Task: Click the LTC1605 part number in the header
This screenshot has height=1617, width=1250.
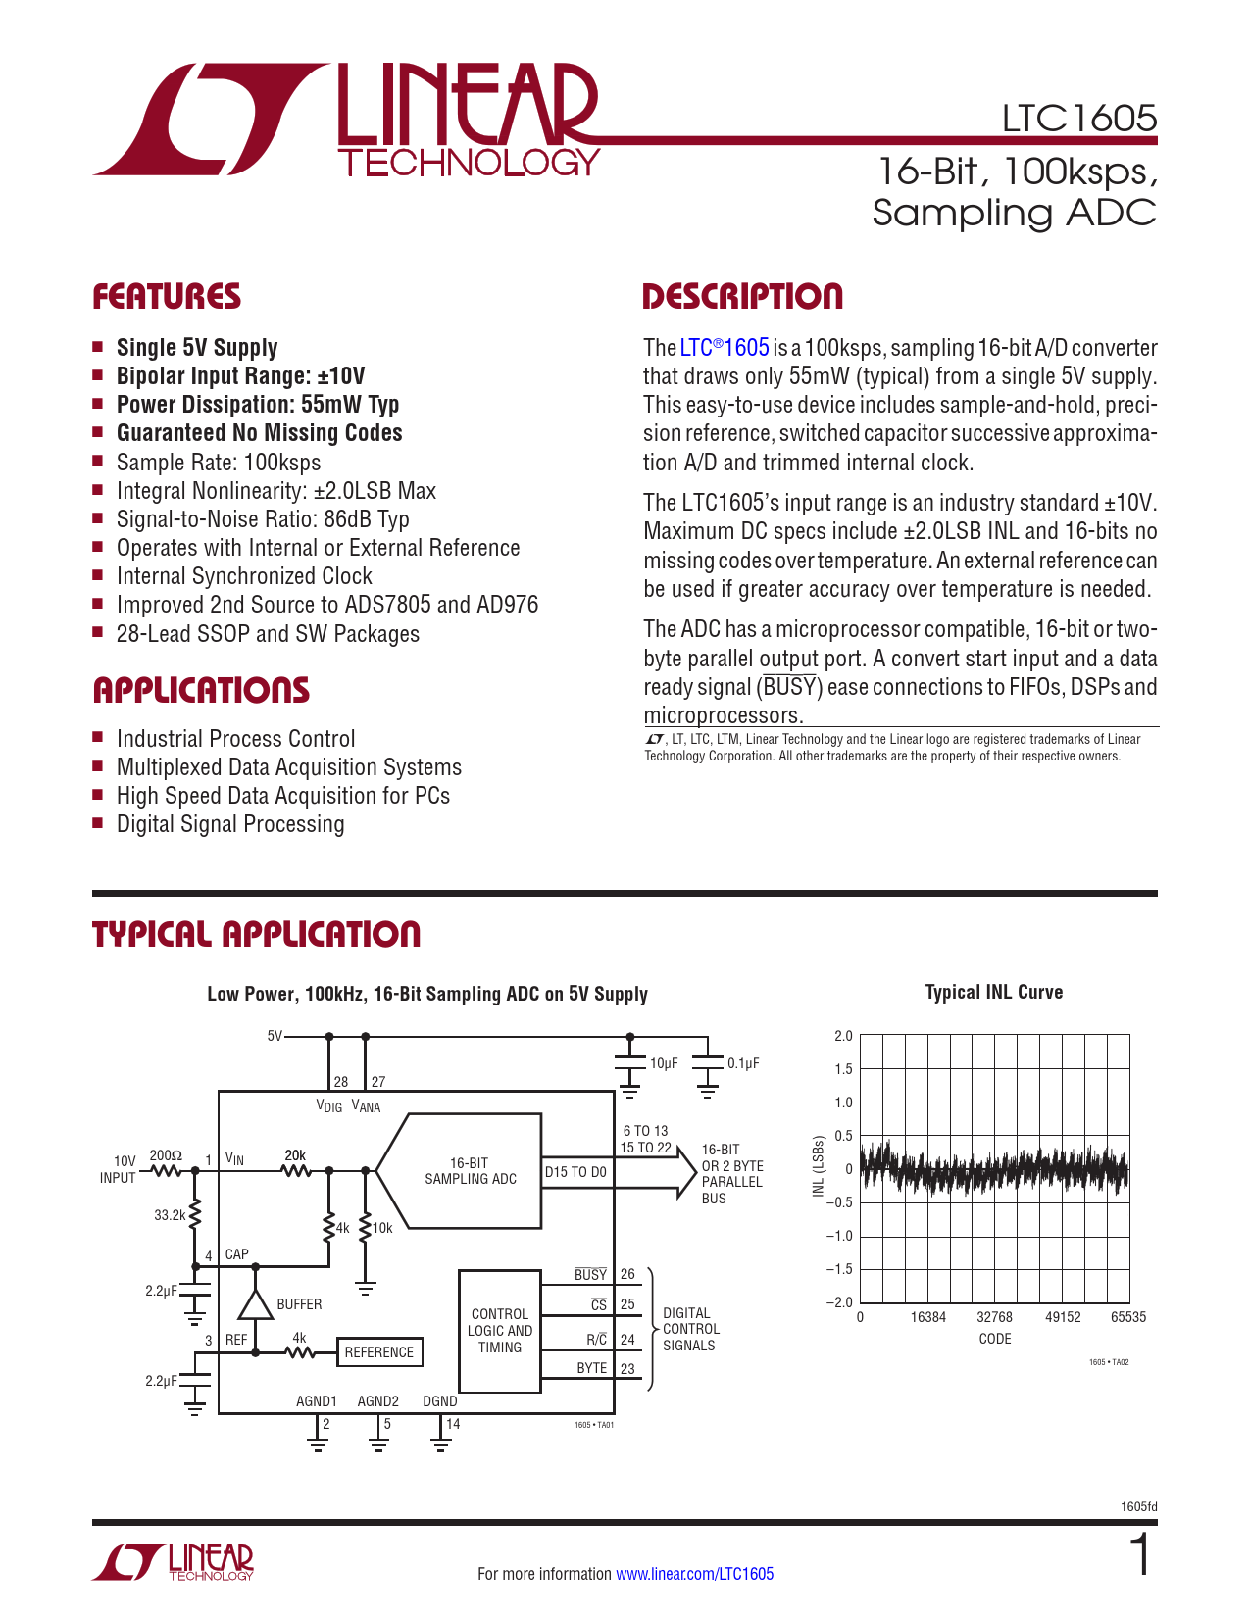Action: pyautogui.click(x=1078, y=119)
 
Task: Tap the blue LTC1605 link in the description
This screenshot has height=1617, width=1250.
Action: pyautogui.click(x=725, y=348)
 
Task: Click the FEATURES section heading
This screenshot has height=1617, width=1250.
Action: pyautogui.click(x=167, y=297)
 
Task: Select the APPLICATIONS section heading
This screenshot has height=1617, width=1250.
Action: pyautogui.click(x=201, y=690)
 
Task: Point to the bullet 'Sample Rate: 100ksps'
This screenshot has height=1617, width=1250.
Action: pyautogui.click(x=219, y=463)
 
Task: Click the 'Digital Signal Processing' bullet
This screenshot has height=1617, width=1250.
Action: pyautogui.click(x=230, y=824)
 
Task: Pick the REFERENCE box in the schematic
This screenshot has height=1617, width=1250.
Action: pyautogui.click(x=379, y=1352)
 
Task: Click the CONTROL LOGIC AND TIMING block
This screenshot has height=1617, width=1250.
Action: pyautogui.click(x=500, y=1331)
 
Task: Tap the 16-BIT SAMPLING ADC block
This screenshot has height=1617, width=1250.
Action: pyautogui.click(x=470, y=1171)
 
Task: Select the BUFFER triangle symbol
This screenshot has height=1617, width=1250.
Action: pyautogui.click(x=256, y=1304)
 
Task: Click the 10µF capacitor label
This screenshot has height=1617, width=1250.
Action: pyautogui.click(x=664, y=1063)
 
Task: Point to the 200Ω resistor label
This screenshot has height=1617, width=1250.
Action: pyautogui.click(x=166, y=1155)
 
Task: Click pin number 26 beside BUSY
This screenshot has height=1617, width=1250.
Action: pyautogui.click(x=627, y=1274)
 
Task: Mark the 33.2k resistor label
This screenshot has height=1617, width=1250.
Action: pyautogui.click(x=170, y=1215)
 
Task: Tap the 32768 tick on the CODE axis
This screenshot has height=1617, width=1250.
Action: pyautogui.click(x=994, y=1317)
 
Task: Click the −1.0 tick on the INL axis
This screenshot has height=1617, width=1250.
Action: pyautogui.click(x=840, y=1236)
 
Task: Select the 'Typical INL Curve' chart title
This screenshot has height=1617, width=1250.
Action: pyautogui.click(x=993, y=993)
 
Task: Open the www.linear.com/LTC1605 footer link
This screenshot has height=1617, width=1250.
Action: pyautogui.click(x=694, y=1574)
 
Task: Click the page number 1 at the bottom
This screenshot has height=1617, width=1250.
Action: pyautogui.click(x=1140, y=1557)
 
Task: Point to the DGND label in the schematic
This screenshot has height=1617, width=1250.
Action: pyautogui.click(x=440, y=1401)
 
